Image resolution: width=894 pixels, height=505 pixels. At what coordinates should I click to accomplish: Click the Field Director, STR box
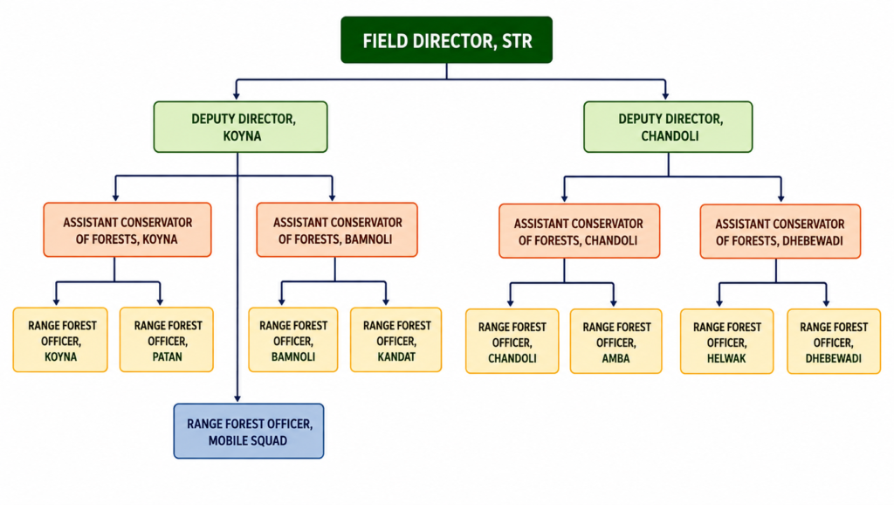coord(446,40)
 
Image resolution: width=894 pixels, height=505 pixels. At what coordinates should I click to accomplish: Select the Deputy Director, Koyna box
coord(241,127)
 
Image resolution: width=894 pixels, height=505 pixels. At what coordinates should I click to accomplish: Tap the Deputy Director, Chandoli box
coord(668,127)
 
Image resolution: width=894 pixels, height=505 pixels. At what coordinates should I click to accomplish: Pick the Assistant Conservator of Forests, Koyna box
coord(127,230)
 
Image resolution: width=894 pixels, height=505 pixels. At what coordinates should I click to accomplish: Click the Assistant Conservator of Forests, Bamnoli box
coord(337,230)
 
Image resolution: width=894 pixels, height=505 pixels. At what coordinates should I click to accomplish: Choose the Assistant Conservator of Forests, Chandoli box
coord(580,232)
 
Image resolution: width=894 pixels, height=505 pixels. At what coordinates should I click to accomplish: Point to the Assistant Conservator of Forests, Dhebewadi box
coord(781,232)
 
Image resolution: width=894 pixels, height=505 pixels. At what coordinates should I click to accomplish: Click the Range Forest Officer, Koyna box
coord(60,340)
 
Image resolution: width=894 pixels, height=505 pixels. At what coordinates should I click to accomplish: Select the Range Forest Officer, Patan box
coord(167,340)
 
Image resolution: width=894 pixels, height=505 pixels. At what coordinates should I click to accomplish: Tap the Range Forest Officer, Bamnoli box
coord(293,340)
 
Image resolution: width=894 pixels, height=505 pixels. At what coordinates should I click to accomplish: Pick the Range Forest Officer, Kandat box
coord(396,340)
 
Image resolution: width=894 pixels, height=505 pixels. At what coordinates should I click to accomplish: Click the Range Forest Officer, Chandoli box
coord(512,342)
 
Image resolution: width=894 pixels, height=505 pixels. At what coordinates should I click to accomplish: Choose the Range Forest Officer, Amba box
coord(616,342)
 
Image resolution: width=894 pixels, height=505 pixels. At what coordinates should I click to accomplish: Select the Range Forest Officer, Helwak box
coord(727,342)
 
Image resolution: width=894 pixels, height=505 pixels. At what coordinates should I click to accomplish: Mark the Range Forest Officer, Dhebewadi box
coord(834,342)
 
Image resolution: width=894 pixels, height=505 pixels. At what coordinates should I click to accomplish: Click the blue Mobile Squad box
coord(249,432)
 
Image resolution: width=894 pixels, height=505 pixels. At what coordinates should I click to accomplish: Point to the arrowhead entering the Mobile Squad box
coord(237,398)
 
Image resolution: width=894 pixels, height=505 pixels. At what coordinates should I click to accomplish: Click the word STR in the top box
coord(517,41)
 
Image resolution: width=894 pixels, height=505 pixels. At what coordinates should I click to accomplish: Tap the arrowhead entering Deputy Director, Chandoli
coord(665,95)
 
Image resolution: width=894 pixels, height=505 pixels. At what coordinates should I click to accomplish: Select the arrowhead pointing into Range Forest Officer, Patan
coord(161,301)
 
